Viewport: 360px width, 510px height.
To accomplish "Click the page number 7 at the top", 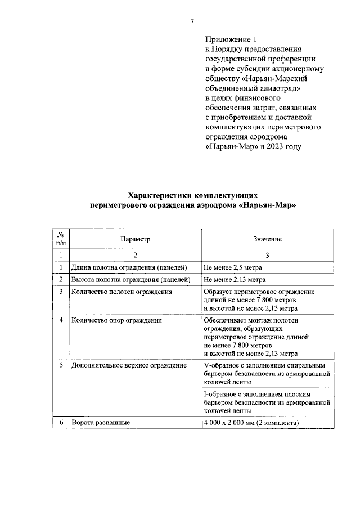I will click(x=192, y=21).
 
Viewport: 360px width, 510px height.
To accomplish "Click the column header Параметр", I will click(x=135, y=239).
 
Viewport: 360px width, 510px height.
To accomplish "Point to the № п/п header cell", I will click(x=60, y=239).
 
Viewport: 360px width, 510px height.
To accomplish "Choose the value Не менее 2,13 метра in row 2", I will click(x=235, y=279).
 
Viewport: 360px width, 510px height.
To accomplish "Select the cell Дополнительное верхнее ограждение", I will click(x=128, y=365).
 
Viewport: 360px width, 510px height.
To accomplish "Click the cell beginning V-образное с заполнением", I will click(x=264, y=373).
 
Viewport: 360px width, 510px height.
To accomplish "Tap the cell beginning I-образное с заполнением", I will click(x=264, y=402).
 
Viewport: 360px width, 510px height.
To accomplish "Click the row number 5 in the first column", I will click(x=60, y=365).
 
